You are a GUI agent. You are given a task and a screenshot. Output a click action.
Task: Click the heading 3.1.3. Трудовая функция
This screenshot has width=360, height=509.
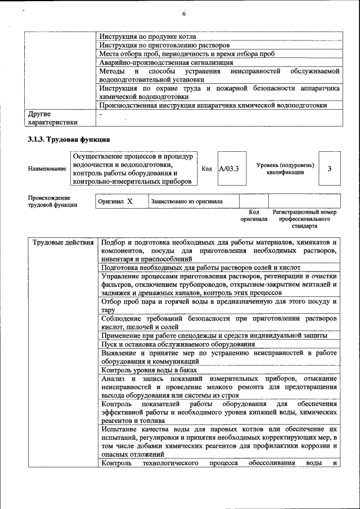pos(69,139)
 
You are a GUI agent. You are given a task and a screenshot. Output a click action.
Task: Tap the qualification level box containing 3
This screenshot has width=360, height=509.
pos(330,168)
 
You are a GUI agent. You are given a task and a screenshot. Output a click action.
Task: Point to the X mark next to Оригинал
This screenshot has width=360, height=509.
pos(129,201)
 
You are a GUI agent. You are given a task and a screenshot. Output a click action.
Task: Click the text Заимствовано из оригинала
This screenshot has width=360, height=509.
pos(186,201)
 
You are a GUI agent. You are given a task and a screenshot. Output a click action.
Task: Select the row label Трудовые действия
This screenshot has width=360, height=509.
pos(63,242)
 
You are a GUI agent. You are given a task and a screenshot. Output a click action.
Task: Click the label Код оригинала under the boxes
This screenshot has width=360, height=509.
pos(254,215)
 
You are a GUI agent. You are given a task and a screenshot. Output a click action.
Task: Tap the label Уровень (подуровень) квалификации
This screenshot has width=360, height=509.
pos(285,169)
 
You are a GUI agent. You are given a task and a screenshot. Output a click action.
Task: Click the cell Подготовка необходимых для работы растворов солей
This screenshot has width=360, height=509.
pos(201,268)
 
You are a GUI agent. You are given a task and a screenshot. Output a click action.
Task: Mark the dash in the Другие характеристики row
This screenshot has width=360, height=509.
pos(100,114)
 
